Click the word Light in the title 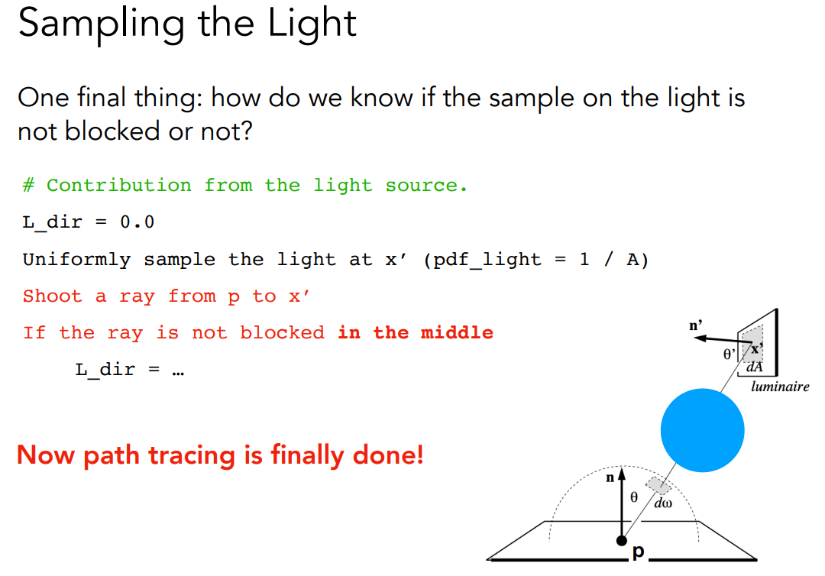[x=312, y=23]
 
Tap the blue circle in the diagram [x=703, y=430]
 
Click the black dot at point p [x=622, y=541]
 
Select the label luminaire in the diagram [x=780, y=387]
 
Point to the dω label [x=663, y=503]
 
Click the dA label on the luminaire [x=755, y=367]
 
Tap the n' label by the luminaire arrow [x=696, y=326]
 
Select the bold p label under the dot [x=638, y=552]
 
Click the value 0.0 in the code [x=137, y=222]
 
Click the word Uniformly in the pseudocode [x=77, y=260]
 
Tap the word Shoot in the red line [x=52, y=296]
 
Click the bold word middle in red [x=457, y=332]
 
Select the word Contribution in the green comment [x=119, y=185]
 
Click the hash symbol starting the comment [x=28, y=185]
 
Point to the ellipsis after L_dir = [x=178, y=373]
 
